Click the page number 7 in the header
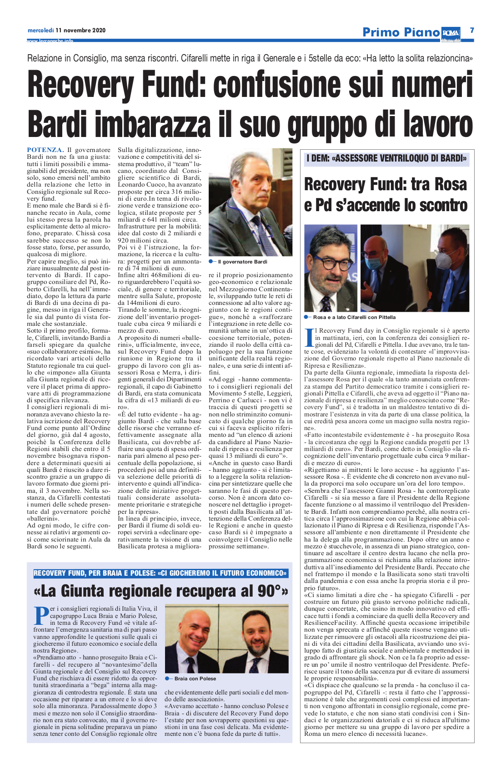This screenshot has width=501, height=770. click(472, 30)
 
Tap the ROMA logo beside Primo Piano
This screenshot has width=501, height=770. click(450, 32)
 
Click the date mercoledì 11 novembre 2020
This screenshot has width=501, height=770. click(66, 30)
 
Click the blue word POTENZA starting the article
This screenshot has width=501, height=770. click(45, 150)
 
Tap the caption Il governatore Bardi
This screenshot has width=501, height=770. click(242, 262)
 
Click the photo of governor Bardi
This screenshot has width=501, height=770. click(250, 202)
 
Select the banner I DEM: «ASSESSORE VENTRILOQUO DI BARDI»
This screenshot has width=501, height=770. click(386, 158)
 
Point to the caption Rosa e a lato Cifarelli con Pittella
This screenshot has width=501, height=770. click(354, 317)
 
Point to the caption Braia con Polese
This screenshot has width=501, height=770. click(195, 679)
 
